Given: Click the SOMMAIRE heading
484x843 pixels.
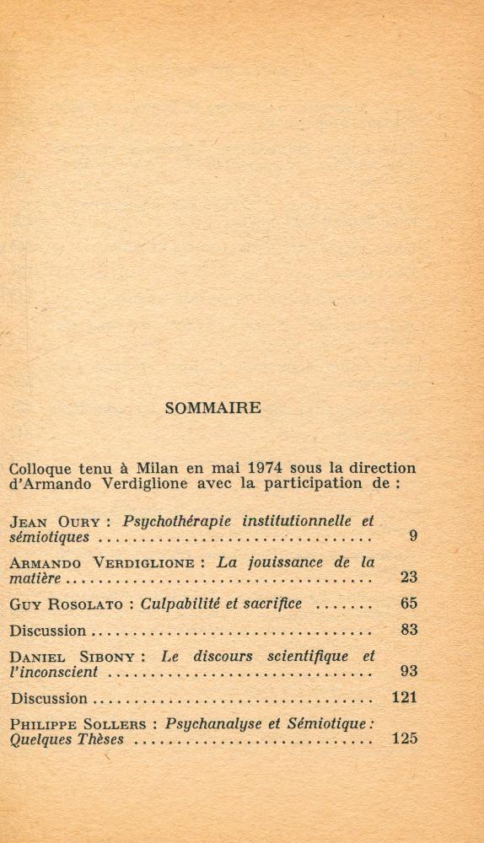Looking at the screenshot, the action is click(213, 408).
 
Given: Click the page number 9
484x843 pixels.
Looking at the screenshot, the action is click(413, 536).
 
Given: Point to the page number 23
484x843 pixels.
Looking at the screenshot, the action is click(409, 578).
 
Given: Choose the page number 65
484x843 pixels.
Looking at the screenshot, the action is click(409, 604).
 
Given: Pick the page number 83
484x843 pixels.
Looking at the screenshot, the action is click(409, 630).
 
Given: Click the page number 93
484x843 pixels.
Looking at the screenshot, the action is click(409, 672).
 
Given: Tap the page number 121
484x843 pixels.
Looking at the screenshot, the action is click(405, 698).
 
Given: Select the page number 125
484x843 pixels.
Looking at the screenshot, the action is click(405, 739).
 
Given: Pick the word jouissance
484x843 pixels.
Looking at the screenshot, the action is click(285, 562).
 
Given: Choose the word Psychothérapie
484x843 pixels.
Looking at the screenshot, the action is click(178, 521).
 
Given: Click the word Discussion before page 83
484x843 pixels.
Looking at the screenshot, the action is click(48, 631).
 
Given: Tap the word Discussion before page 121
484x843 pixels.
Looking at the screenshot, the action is click(48, 699).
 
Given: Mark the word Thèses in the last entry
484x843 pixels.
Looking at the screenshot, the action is click(101, 740).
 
